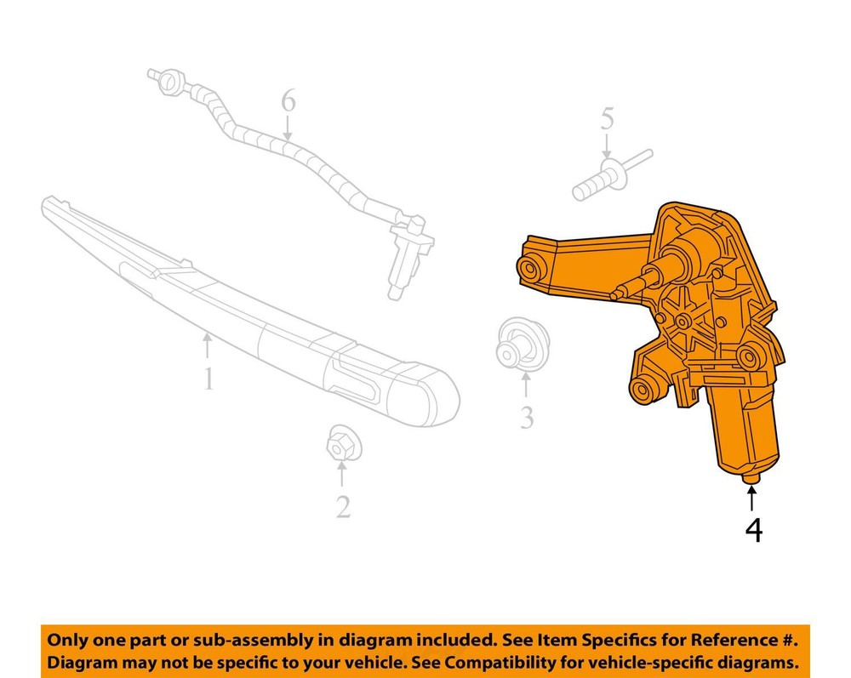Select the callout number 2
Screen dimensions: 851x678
point(343,507)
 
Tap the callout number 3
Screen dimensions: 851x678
point(527,418)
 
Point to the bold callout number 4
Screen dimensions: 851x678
point(754,530)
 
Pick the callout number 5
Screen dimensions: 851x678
point(608,119)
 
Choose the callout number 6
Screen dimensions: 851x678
point(288,101)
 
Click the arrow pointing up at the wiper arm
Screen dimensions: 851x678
point(207,345)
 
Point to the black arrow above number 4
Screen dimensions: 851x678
point(751,499)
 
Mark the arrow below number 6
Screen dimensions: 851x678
point(288,130)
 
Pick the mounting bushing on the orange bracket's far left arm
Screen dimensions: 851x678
point(529,268)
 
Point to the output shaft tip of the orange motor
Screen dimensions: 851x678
point(615,295)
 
